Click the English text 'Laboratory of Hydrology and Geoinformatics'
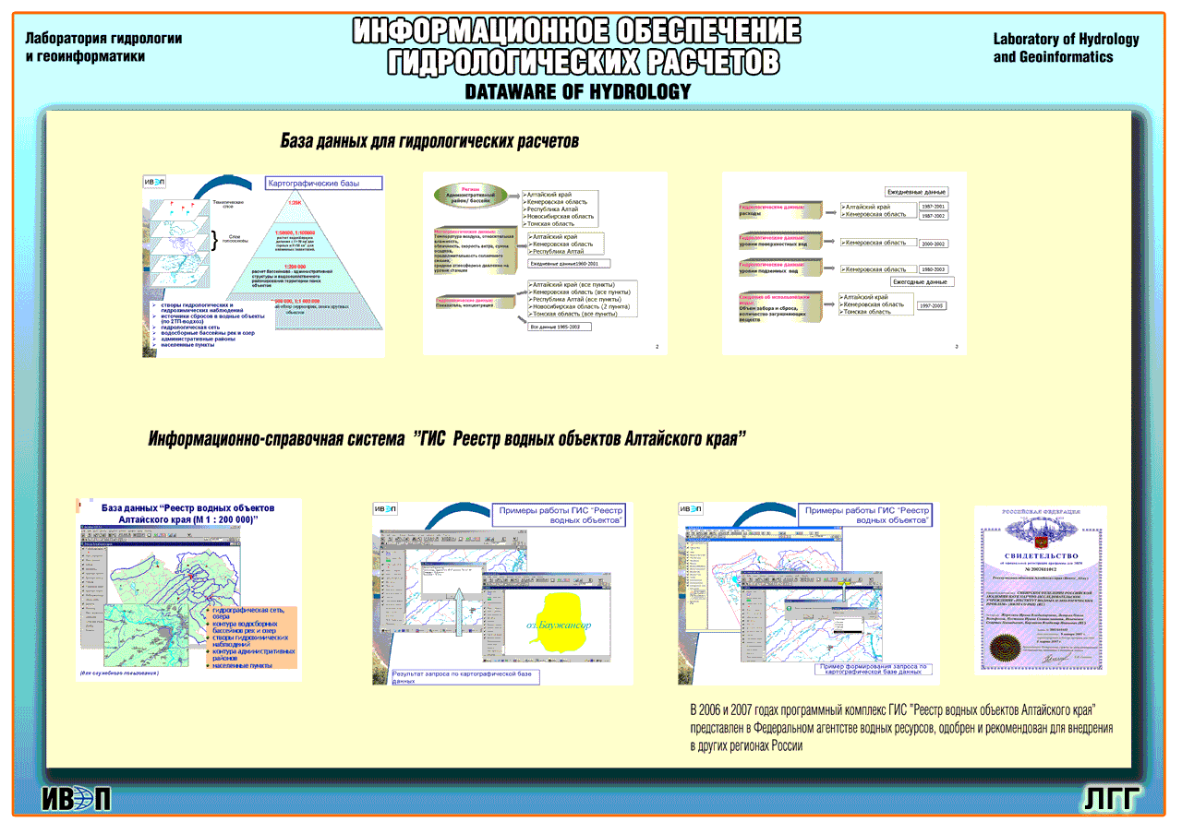(x=1066, y=48)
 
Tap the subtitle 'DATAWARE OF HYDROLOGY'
(x=578, y=92)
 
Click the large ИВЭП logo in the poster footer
(x=77, y=799)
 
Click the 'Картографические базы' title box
(x=324, y=184)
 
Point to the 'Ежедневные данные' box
(x=917, y=192)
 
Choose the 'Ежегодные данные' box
(x=923, y=281)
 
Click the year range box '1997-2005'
(x=931, y=305)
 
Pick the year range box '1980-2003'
(x=933, y=269)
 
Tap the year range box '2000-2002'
(x=933, y=244)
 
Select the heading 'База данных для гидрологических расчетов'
(x=429, y=141)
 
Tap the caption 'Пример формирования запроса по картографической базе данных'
(x=874, y=669)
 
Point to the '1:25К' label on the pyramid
(x=295, y=202)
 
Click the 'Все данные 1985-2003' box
(x=555, y=327)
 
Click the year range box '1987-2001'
(x=933, y=207)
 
